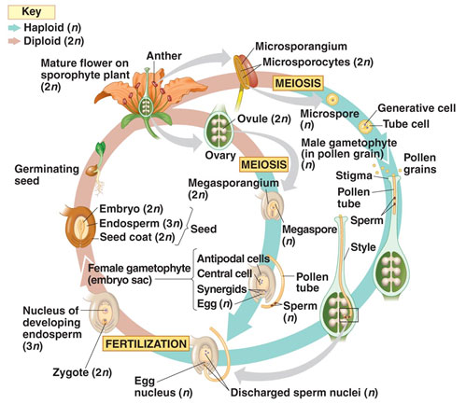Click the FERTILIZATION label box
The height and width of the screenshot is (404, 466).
pos(146,343)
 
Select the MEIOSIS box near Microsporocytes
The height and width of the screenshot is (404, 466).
pos(298,83)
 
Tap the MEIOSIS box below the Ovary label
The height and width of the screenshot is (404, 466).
pos(263,164)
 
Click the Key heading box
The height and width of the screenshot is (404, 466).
pos(32,12)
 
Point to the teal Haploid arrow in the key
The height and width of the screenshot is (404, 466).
pos(14,28)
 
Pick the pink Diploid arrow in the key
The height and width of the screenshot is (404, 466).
pos(14,41)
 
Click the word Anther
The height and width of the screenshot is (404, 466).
pos(163,56)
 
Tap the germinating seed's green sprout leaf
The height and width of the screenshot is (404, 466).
pos(100,149)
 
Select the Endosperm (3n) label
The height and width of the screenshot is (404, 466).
pos(141,223)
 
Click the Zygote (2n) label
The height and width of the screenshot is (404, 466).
pos(82,372)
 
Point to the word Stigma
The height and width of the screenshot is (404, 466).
pos(354,176)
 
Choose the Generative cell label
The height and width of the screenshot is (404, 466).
pos(417,108)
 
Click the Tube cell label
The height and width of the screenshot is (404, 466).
pos(406,124)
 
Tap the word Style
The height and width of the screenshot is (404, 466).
pos(363,247)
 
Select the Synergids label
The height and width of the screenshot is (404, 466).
pos(222,289)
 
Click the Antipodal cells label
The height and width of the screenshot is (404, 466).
pos(233,258)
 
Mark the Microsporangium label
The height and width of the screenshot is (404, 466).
pos(301,47)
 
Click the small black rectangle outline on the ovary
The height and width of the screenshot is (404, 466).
pos(348,314)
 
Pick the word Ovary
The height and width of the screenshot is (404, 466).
pos(220,155)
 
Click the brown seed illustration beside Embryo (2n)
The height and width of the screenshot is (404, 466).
pos(78,227)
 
